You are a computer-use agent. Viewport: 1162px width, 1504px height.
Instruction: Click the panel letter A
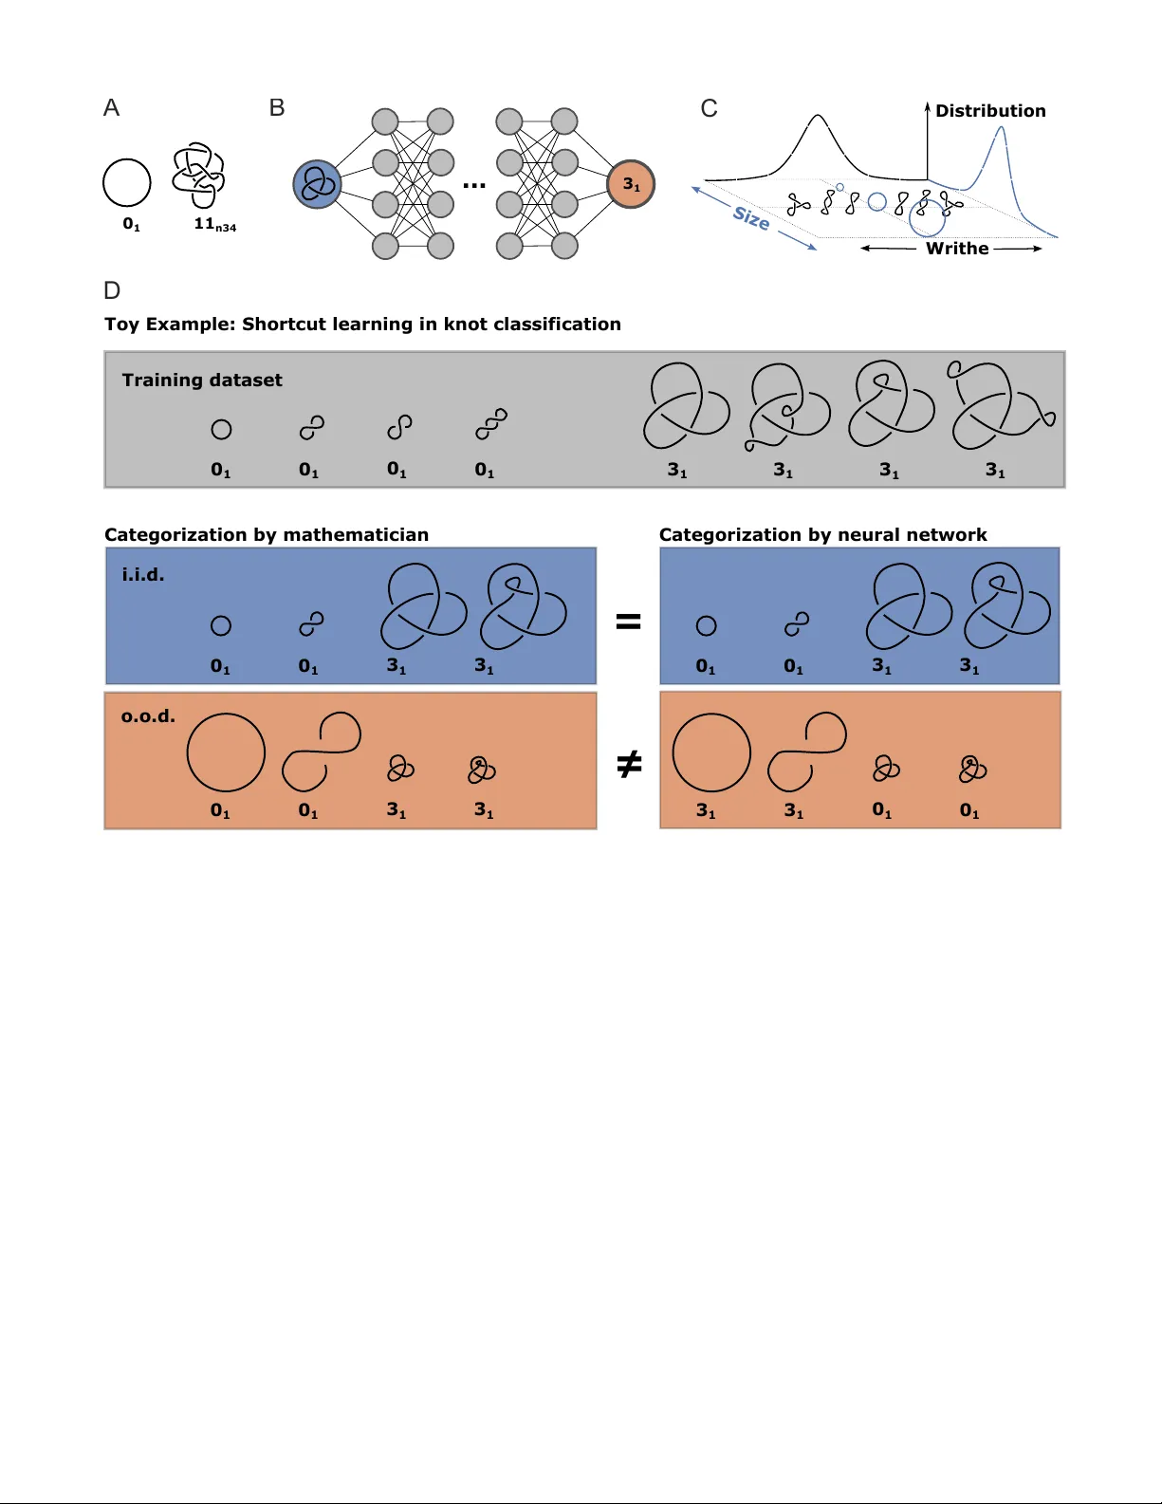(111, 108)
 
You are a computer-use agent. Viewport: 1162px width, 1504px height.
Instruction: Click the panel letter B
(277, 108)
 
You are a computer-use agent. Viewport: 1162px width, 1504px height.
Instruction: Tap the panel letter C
(709, 109)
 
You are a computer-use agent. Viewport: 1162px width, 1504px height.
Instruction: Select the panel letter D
(112, 290)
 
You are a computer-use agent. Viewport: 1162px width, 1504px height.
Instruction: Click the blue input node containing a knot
(317, 184)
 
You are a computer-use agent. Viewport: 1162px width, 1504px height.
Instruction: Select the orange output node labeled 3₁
(631, 184)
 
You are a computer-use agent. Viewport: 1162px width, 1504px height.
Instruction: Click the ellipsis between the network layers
(474, 185)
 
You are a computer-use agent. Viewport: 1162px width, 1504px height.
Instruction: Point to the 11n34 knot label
(214, 225)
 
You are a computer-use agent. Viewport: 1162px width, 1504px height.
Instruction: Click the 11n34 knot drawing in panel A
(198, 176)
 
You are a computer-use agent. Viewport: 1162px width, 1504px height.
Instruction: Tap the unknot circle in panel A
(127, 182)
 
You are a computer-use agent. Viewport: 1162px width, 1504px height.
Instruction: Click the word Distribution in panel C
(990, 111)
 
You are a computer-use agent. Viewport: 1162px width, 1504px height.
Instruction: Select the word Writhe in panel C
(957, 249)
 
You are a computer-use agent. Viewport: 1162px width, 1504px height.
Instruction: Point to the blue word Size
(751, 218)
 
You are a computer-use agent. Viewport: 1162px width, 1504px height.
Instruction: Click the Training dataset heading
(202, 381)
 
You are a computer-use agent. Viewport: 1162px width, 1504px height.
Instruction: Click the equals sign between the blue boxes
(629, 622)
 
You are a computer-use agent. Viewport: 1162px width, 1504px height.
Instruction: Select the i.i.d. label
(143, 575)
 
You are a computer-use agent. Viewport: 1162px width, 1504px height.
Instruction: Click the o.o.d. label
(148, 716)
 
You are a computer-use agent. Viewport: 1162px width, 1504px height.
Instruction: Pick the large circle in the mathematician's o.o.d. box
(226, 752)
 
